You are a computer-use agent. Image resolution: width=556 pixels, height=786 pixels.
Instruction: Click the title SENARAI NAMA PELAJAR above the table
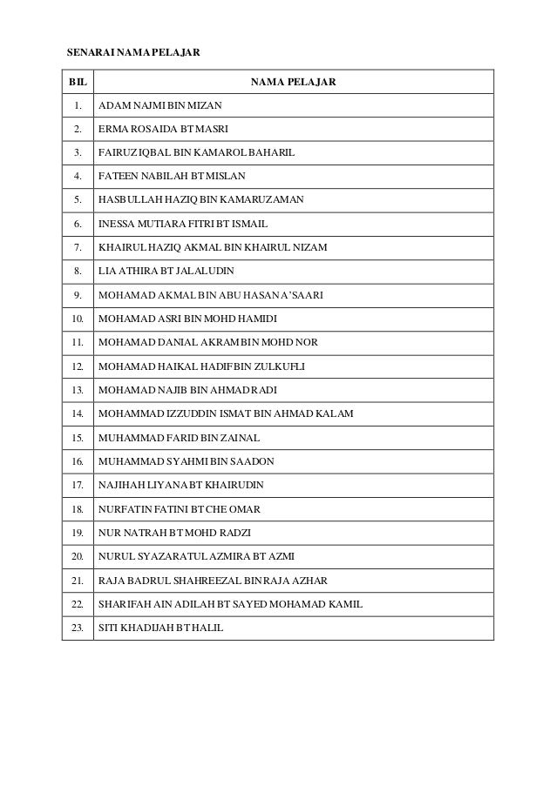tap(133, 53)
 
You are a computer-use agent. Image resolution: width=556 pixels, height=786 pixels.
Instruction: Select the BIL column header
tap(78, 83)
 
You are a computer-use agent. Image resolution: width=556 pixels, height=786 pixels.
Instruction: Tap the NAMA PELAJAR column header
tap(293, 83)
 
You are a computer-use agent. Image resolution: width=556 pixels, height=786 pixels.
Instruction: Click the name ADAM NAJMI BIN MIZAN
tap(160, 105)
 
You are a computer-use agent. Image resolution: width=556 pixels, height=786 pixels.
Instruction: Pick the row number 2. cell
tap(78, 129)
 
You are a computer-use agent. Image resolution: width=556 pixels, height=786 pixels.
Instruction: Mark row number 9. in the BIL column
tap(78, 294)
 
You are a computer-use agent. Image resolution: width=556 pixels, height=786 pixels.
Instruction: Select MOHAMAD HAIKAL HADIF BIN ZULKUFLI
tap(201, 366)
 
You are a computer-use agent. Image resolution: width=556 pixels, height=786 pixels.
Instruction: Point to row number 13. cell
tap(78, 389)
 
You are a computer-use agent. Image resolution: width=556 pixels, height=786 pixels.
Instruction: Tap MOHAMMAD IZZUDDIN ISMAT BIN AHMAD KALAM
tap(227, 413)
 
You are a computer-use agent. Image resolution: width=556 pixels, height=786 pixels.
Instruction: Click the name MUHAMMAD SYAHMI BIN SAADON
tap(186, 460)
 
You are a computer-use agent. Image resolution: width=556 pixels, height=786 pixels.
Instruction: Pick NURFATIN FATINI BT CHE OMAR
tap(185, 507)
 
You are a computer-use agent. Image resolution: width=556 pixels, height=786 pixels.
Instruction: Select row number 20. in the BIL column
tap(78, 554)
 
